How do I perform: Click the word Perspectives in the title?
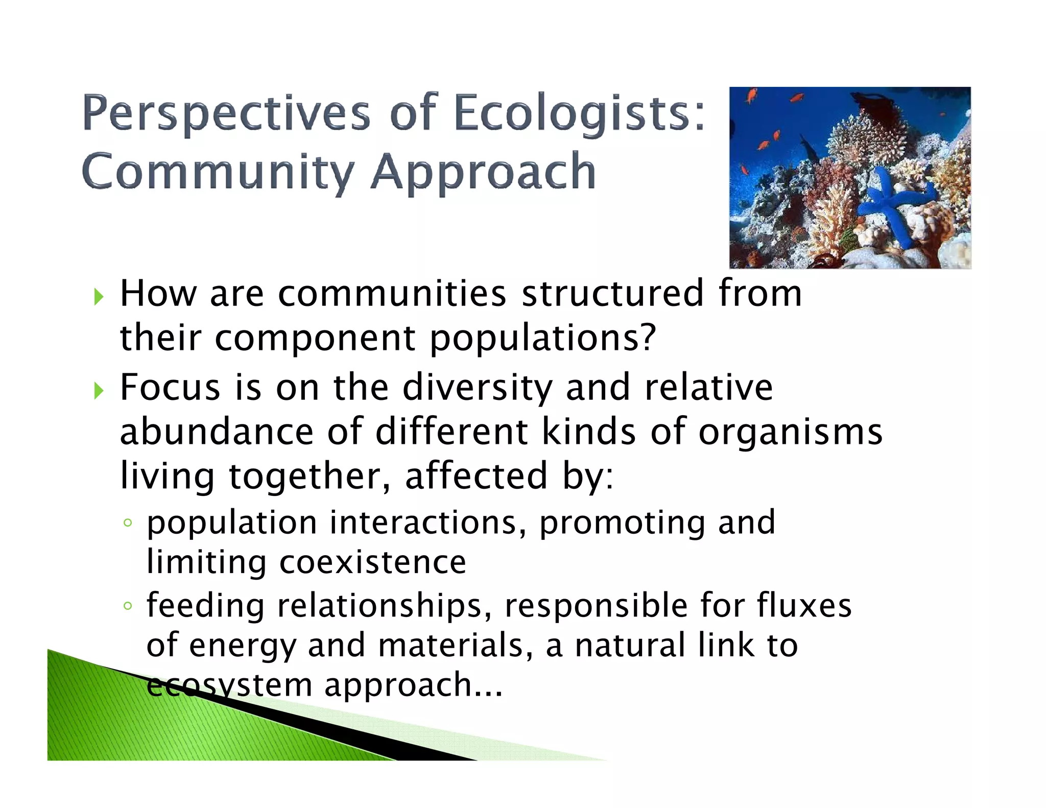click(226, 113)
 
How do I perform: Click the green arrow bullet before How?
click(99, 296)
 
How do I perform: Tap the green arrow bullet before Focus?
click(99, 391)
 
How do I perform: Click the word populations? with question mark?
click(542, 339)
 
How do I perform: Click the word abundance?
click(216, 432)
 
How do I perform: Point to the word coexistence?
click(372, 562)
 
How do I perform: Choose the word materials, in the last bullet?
click(456, 645)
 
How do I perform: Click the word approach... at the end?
click(414, 685)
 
